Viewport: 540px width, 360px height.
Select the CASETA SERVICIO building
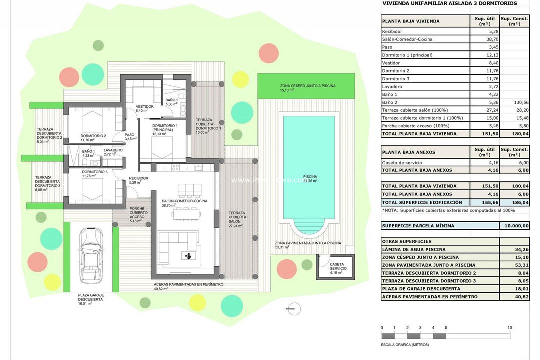coord(334,267)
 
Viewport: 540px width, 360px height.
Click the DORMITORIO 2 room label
coord(93,136)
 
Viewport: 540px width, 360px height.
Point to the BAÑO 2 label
coord(172,100)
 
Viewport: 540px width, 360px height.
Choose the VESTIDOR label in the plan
coord(144,107)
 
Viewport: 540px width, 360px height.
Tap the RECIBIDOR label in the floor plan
coord(138,178)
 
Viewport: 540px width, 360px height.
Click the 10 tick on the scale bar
coord(509,328)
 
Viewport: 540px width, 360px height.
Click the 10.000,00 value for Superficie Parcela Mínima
coord(514,225)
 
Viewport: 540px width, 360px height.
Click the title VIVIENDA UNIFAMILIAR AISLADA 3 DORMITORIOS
coord(448,3)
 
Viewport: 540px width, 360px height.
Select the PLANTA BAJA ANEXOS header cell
coord(408,152)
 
